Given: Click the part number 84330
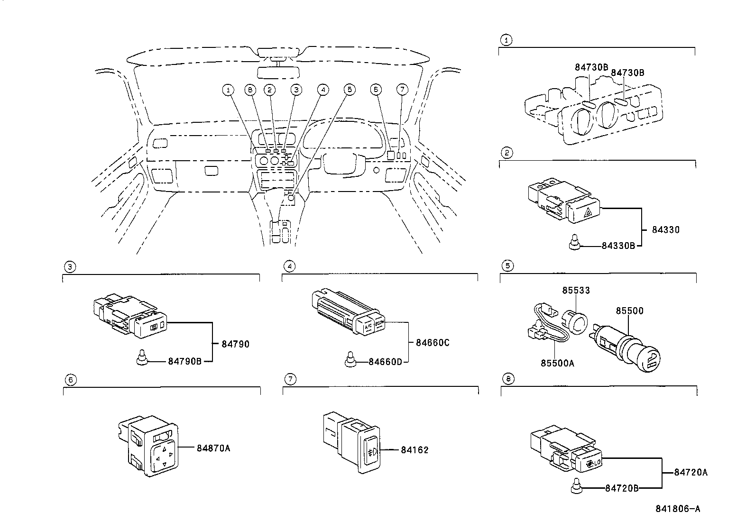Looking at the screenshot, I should pos(666,229).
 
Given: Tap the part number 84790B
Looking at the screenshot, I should pos(185,361).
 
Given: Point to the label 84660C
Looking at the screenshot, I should pos(432,342).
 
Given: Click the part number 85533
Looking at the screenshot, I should pos(576,290).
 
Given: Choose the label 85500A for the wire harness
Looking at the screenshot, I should pos(557,363).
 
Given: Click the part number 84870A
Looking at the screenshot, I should pos(213,448).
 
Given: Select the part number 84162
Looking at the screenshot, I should pos(414,449).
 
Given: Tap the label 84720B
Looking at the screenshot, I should pos(622,488).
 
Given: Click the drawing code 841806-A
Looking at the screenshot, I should pos(678,509).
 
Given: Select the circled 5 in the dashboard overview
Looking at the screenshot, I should pos(350,89).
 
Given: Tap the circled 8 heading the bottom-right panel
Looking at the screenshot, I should pos(508,379).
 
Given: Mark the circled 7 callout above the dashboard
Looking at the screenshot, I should pos(402,89).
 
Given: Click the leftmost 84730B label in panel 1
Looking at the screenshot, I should pos(591,67).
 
